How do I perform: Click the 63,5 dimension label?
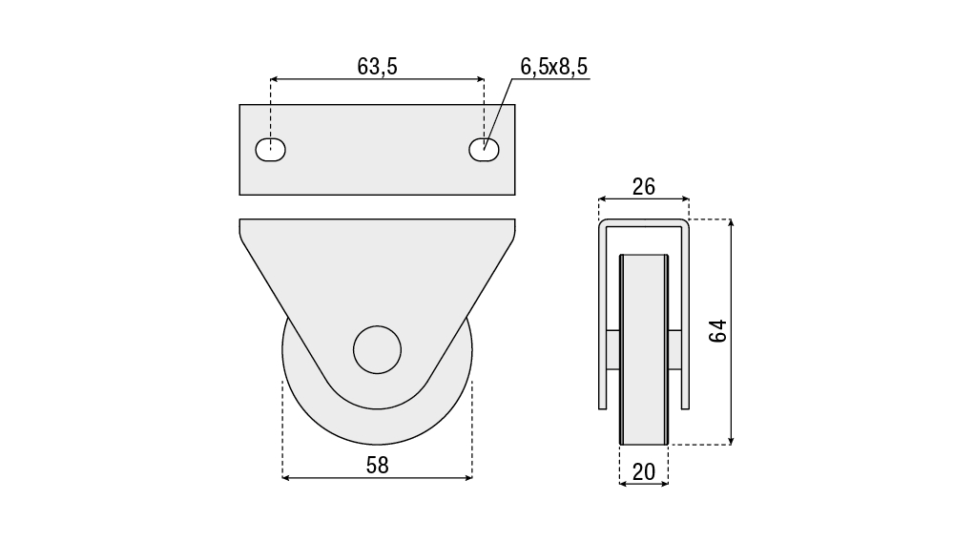tap(377, 67)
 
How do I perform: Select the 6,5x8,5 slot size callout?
tap(554, 67)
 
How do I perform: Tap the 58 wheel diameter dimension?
tap(377, 465)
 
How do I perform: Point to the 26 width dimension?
tap(644, 186)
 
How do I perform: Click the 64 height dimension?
tap(718, 331)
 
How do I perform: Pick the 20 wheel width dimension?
tap(644, 472)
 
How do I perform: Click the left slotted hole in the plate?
tap(271, 150)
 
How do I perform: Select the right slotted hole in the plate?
tap(484, 150)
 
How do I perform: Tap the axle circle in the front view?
tap(377, 350)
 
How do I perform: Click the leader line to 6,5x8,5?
tap(498, 115)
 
